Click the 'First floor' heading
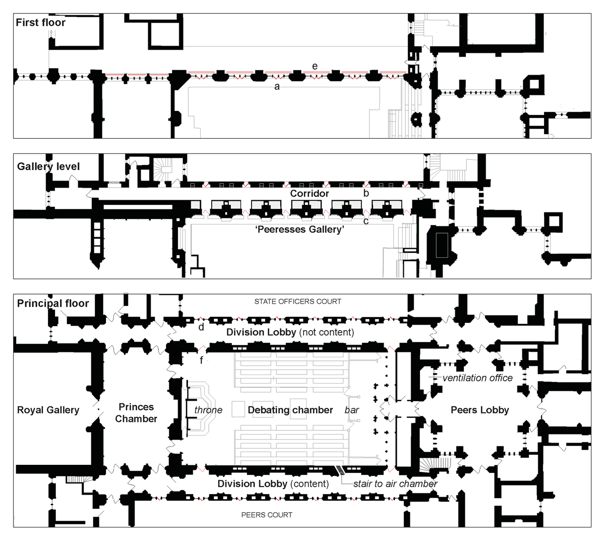[x=40, y=22]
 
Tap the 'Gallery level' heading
[x=48, y=167]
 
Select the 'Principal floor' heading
[x=53, y=303]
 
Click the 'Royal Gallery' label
[x=48, y=410]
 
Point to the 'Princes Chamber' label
[x=136, y=413]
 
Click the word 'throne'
[x=208, y=410]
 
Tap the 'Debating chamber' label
[x=290, y=410]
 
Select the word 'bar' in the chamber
[x=351, y=410]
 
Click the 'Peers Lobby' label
[x=480, y=410]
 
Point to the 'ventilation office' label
[x=477, y=378]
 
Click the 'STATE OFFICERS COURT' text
[x=298, y=302]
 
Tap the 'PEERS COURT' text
[x=267, y=515]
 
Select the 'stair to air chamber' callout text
[x=395, y=483]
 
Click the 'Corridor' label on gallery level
[x=310, y=193]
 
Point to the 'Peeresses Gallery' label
[x=300, y=229]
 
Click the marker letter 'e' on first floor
[x=315, y=66]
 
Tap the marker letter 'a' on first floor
[x=277, y=87]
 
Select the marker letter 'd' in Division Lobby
[x=201, y=327]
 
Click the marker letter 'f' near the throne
[x=201, y=360]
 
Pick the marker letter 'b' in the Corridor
[x=366, y=193]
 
